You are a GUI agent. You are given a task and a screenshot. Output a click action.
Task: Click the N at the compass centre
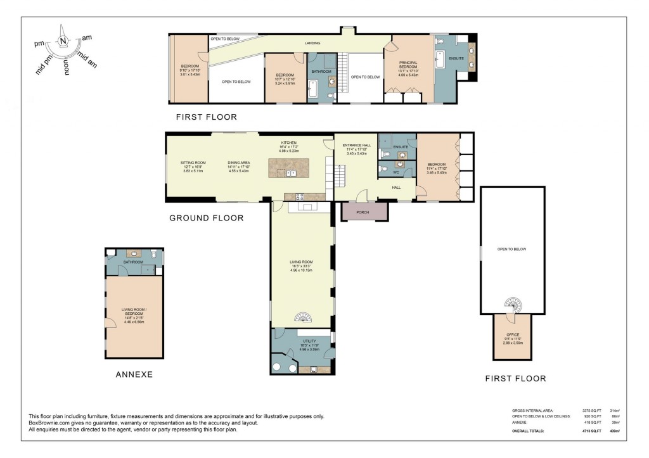click(x=63, y=41)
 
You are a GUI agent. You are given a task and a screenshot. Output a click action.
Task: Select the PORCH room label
click(x=363, y=212)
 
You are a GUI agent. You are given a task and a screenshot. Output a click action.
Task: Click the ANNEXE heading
click(x=134, y=374)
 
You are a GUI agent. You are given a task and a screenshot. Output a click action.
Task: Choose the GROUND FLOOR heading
click(x=207, y=218)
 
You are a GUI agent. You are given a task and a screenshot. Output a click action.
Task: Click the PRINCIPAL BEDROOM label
click(x=408, y=65)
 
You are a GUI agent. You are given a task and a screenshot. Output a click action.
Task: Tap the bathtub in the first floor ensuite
click(x=440, y=61)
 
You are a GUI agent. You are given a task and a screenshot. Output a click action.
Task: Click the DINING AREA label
click(x=239, y=163)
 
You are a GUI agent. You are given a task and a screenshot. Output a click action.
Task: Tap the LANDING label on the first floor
click(x=312, y=43)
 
